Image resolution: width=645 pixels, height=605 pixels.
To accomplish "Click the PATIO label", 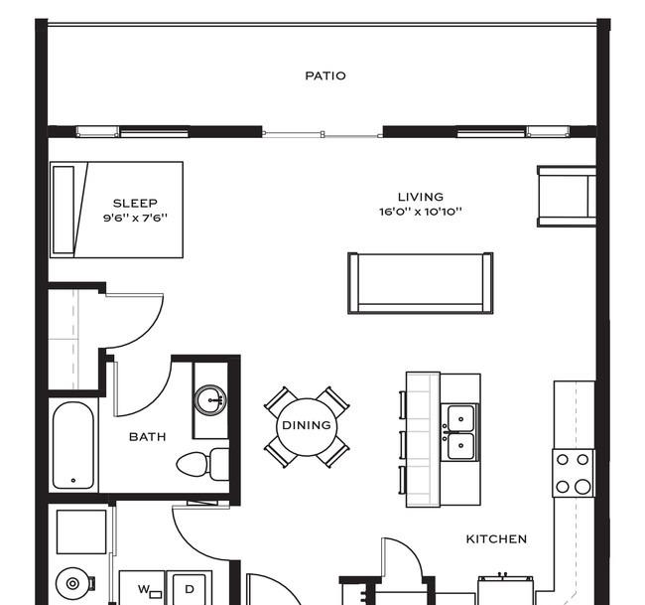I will point(324,76).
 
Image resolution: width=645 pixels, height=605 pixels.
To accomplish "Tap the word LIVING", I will point(420,197).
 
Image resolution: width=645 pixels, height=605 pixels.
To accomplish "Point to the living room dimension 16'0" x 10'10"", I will point(420,212).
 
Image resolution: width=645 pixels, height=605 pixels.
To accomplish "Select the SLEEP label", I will point(135,204).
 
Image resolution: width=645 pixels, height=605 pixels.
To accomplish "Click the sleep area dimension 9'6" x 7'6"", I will point(135,218).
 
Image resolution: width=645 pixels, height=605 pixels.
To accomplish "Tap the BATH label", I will point(147,436).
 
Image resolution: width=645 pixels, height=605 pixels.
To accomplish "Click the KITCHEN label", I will point(496,538).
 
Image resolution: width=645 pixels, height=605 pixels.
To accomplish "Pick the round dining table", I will point(307,425).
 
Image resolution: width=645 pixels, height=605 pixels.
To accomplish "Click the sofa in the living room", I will point(420,282).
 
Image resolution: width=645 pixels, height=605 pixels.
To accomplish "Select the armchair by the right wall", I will point(566,197).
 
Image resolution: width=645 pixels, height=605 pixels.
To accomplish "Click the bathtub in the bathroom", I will point(72,445).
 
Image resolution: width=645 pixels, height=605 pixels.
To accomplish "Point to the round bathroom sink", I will point(209,400).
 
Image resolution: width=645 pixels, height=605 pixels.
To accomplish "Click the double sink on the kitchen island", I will point(459,431).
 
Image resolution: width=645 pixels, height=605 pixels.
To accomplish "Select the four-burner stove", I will point(573,472).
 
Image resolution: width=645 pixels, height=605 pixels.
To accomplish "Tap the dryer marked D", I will point(189,589).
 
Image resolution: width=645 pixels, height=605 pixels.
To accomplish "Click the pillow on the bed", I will point(64,209).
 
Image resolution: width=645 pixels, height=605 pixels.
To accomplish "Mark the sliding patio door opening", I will point(322,132).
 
